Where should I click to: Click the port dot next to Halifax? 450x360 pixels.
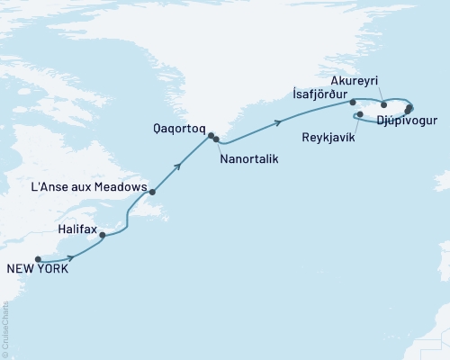pos(103,211)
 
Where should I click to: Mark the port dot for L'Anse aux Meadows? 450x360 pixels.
pos(153,192)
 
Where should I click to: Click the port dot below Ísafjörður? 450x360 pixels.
pos(354,104)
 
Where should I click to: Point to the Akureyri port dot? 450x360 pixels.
pos(384,104)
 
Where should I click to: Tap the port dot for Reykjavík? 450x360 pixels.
pos(359,115)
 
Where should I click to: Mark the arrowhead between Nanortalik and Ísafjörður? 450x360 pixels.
pos(280,124)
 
